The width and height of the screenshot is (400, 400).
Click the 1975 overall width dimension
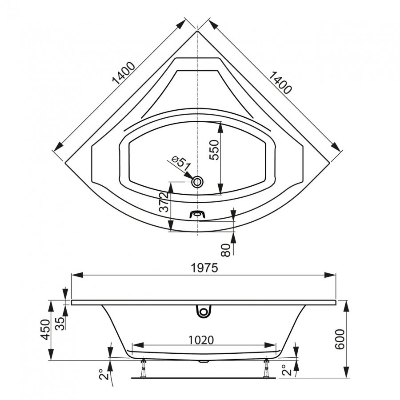pyautogui.click(x=204, y=268)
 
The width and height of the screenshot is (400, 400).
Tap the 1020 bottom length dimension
pyautogui.click(x=201, y=340)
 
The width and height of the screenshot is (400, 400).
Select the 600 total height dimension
pyautogui.click(x=340, y=339)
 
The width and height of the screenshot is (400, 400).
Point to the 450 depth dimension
pyautogui.click(x=46, y=330)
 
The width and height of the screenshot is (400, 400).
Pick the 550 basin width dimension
pyautogui.click(x=214, y=150)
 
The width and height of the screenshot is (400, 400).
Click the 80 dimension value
pyautogui.click(x=225, y=249)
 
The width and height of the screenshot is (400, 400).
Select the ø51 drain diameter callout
pyautogui.click(x=181, y=163)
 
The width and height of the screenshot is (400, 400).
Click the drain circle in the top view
pyautogui.click(x=197, y=182)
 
